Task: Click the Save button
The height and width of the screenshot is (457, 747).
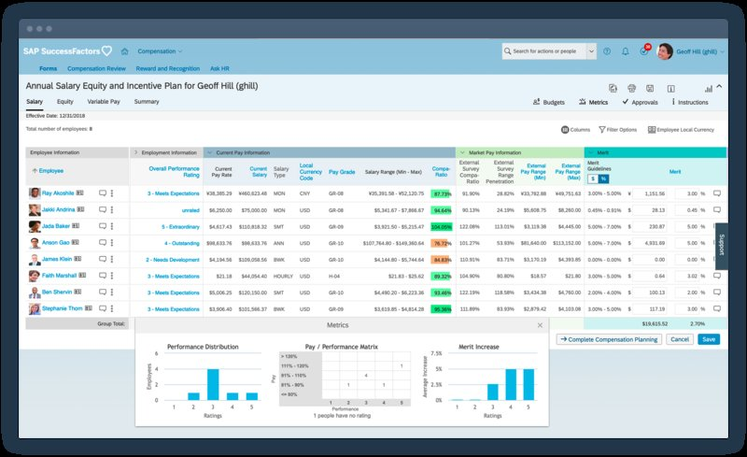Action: [709, 339]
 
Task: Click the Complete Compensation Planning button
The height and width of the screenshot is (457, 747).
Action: [609, 339]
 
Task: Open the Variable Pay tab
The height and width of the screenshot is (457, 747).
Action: [104, 101]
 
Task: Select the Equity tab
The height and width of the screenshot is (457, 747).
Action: [65, 101]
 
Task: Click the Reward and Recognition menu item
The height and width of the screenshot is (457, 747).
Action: [168, 69]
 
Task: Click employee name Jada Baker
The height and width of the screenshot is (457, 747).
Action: [57, 226]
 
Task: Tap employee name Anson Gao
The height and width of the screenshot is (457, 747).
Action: [57, 243]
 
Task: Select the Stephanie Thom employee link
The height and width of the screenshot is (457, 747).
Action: [63, 308]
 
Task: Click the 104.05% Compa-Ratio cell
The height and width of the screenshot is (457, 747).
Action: [442, 226]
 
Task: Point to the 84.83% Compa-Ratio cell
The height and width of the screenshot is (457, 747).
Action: [442, 260]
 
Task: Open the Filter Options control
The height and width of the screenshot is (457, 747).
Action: [618, 130]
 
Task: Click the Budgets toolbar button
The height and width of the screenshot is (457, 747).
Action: [548, 102]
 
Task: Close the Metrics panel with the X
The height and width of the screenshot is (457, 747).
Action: [539, 325]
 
